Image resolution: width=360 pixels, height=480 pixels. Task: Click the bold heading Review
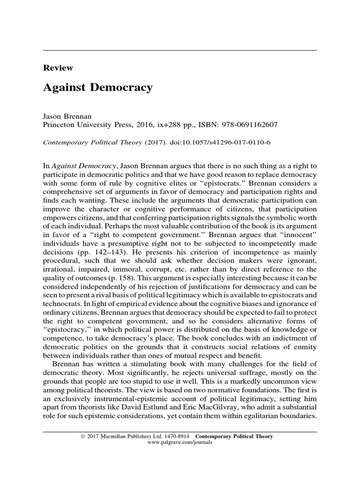[58, 68]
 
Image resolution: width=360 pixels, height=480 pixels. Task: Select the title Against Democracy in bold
[97, 88]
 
